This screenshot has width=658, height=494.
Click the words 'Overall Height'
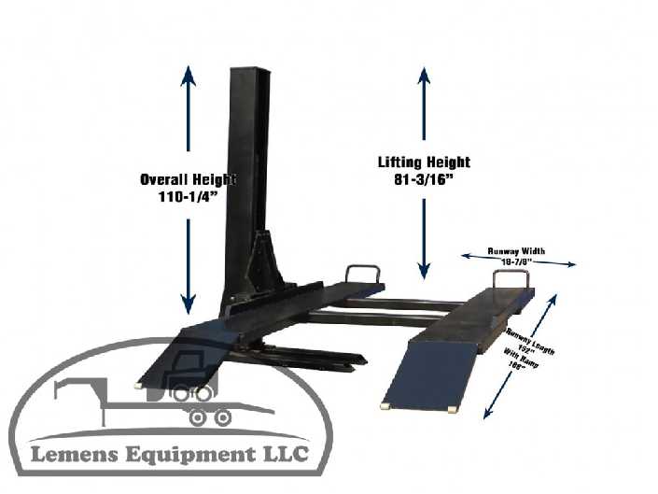pyautogui.click(x=188, y=179)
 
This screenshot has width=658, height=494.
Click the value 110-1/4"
pyautogui.click(x=188, y=197)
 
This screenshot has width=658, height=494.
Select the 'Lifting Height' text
pyautogui.click(x=424, y=162)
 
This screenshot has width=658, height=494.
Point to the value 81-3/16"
pyautogui.click(x=424, y=179)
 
